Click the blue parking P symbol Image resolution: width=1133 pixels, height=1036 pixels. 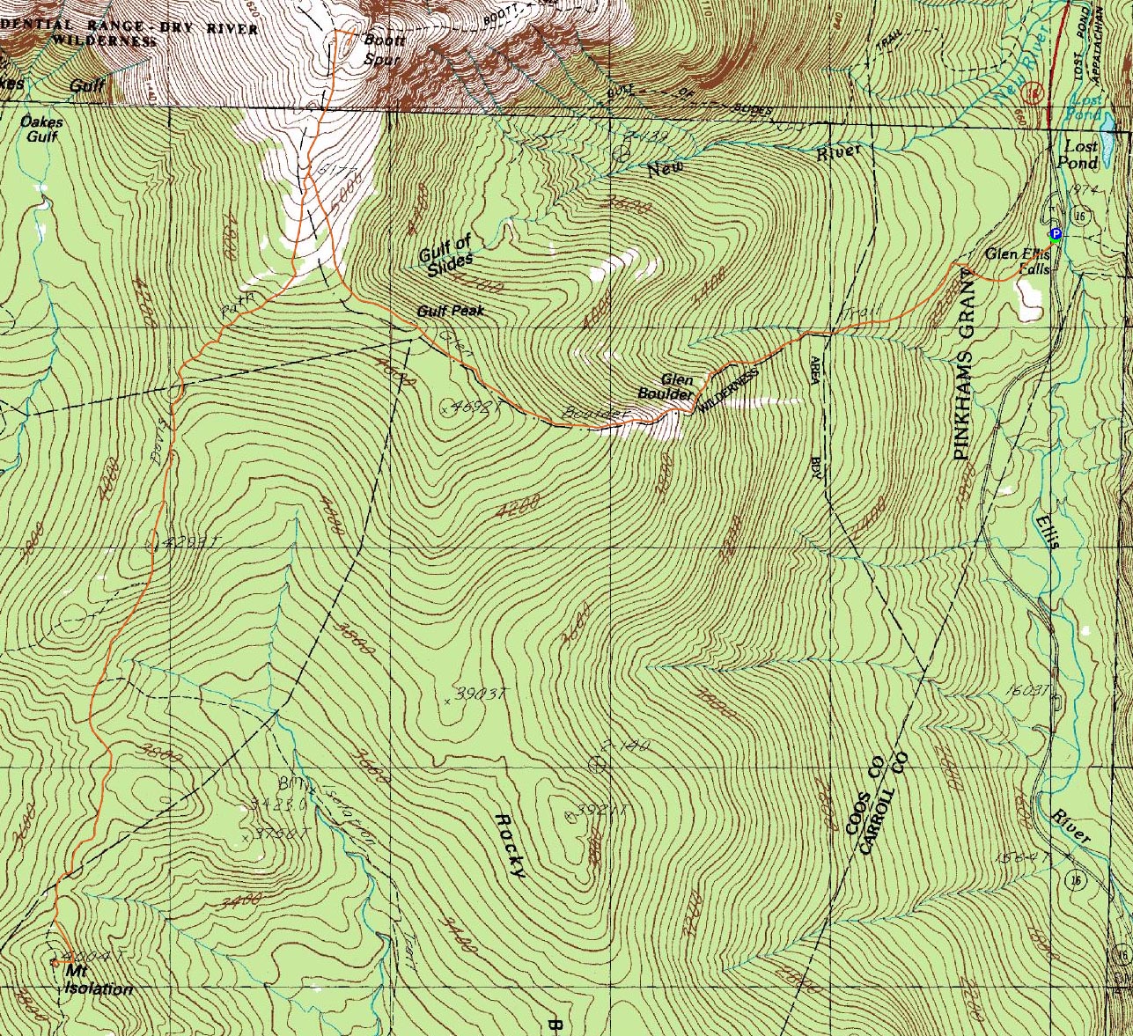tap(1056, 234)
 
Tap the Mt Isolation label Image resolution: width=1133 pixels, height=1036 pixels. tap(97, 980)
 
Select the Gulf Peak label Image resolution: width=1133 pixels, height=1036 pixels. tap(450, 311)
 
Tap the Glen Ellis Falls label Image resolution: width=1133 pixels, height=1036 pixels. tap(1018, 261)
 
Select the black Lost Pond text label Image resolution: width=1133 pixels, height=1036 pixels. tap(1081, 155)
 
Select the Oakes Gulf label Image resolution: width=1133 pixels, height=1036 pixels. tap(41, 129)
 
